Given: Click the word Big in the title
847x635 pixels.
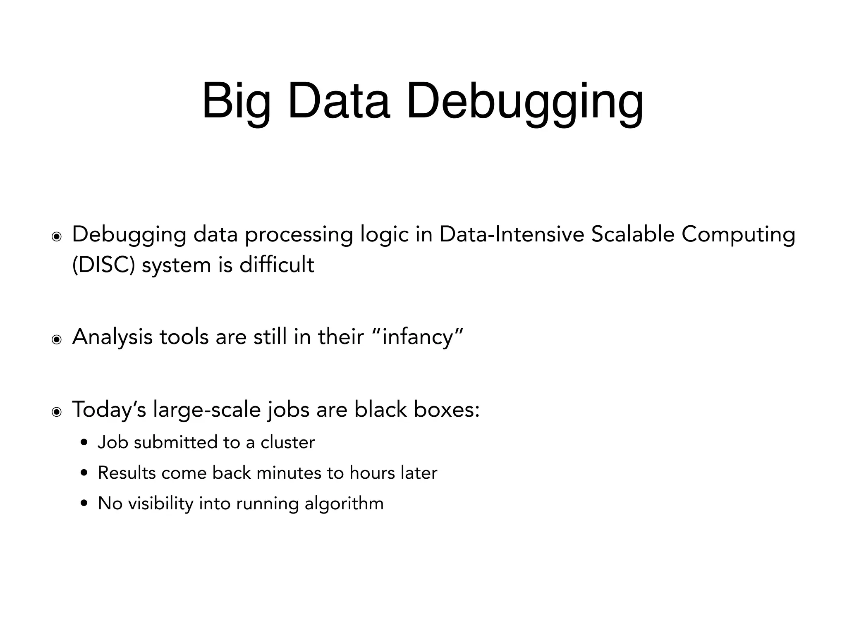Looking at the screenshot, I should [236, 102].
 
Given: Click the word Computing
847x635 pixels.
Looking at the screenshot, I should [738, 235].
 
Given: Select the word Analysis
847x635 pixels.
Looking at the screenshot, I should [112, 337].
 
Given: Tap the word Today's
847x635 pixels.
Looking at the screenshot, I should [109, 410].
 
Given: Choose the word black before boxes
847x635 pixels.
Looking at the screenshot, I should [380, 409].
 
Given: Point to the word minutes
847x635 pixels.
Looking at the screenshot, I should [289, 473].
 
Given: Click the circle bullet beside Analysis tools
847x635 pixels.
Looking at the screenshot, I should [56, 340].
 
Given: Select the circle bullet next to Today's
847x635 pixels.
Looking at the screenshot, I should [56, 412].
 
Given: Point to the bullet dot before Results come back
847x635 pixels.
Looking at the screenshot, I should [84, 473].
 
